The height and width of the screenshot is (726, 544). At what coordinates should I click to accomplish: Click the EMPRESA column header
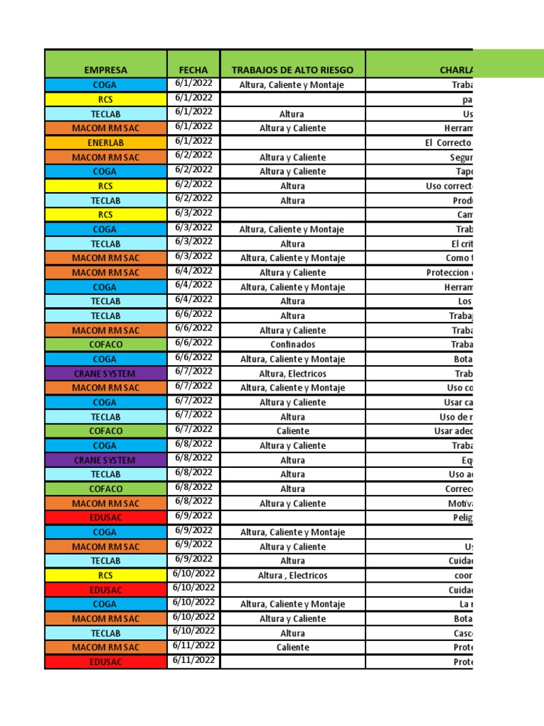[x=106, y=70]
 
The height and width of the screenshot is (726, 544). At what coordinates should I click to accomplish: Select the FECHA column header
[x=193, y=70]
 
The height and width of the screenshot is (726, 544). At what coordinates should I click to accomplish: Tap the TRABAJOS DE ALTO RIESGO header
[x=292, y=70]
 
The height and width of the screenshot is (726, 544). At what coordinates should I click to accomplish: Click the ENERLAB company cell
[x=106, y=143]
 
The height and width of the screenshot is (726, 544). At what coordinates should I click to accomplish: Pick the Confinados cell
[x=292, y=345]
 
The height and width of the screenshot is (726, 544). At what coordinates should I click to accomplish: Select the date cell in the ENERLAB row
[x=193, y=141]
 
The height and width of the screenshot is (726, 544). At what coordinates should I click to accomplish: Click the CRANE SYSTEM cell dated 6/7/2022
[x=106, y=374]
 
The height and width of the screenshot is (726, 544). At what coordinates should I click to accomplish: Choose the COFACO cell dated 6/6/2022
[x=106, y=345]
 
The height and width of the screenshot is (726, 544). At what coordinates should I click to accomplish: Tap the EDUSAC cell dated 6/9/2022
[x=106, y=518]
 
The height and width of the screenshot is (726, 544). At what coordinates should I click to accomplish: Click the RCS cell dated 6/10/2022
[x=106, y=576]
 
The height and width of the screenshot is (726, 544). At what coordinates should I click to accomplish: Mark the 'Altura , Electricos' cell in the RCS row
[x=292, y=576]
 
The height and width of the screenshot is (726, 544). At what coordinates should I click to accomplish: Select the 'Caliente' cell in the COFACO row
[x=292, y=431]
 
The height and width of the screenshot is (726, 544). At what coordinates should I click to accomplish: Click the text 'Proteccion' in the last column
[x=449, y=272]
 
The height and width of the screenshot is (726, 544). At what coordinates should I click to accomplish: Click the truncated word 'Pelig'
[x=462, y=518]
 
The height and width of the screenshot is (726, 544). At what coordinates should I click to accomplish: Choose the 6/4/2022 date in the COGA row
[x=193, y=285]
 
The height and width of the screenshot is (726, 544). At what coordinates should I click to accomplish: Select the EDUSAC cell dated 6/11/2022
[x=106, y=662]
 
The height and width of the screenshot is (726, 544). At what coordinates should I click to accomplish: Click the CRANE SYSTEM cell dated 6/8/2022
[x=106, y=460]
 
